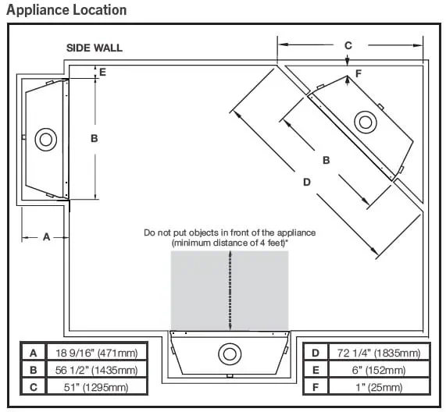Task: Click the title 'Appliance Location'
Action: [66, 10]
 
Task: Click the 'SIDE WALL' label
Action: [94, 48]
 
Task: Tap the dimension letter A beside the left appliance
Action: [46, 237]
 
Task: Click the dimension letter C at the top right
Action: [348, 45]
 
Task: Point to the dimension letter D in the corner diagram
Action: [307, 182]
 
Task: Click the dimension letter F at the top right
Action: [359, 73]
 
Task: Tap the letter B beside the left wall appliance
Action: [94, 138]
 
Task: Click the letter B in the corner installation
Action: [326, 159]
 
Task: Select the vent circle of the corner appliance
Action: [365, 122]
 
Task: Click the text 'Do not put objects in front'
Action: [230, 233]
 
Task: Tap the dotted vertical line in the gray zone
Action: [230, 289]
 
